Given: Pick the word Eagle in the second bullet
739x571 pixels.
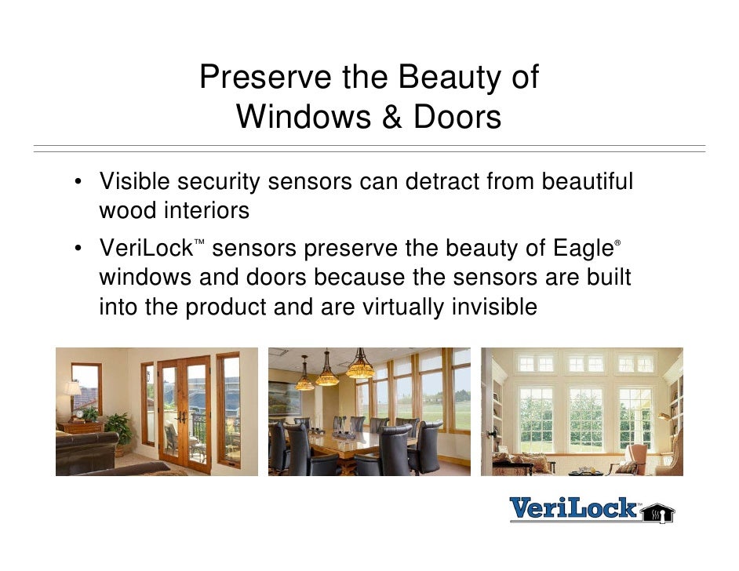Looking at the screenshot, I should tap(573, 249).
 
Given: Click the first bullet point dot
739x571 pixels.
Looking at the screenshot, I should tap(79, 184).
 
